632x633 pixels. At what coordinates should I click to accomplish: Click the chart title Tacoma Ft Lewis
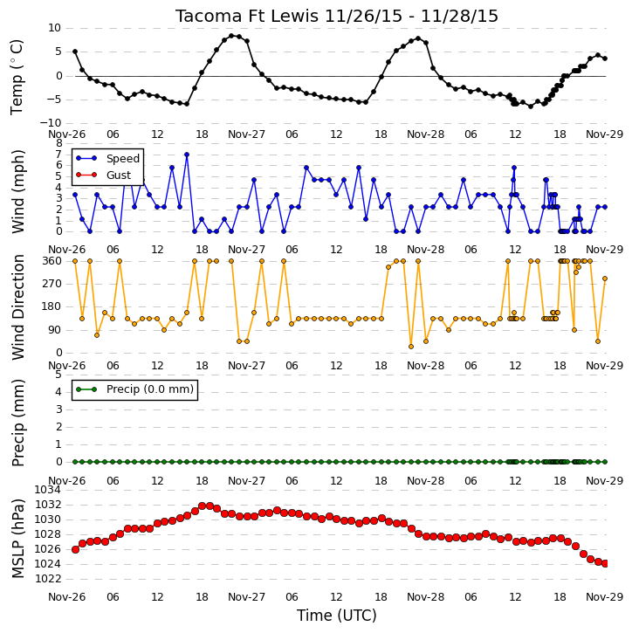[248, 16]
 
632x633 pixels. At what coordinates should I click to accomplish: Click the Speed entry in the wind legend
[123, 158]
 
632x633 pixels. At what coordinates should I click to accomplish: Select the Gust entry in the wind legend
[119, 175]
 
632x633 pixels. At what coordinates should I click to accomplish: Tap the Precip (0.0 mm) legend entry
[150, 389]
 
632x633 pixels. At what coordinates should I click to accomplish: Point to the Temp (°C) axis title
[17, 77]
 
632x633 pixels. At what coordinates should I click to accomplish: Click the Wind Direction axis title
[17, 307]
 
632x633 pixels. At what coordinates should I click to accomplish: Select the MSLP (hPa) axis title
[17, 539]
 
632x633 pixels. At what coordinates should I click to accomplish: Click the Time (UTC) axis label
[337, 616]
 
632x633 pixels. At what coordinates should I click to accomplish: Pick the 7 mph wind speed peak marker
[187, 155]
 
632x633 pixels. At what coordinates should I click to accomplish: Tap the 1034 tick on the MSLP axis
[48, 490]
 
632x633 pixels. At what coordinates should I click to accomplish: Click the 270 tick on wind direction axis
[52, 284]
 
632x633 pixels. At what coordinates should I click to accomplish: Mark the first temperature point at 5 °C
[75, 52]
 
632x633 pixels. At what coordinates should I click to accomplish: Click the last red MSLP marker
[605, 563]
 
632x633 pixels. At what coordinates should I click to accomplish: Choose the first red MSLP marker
[75, 549]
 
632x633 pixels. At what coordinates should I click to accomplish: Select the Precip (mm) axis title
[17, 423]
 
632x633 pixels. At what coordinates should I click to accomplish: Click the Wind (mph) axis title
[17, 191]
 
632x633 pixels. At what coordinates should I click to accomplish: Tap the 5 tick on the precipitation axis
[58, 375]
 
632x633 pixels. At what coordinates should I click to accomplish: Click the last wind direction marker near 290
[605, 279]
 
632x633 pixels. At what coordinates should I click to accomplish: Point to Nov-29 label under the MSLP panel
[604, 596]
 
